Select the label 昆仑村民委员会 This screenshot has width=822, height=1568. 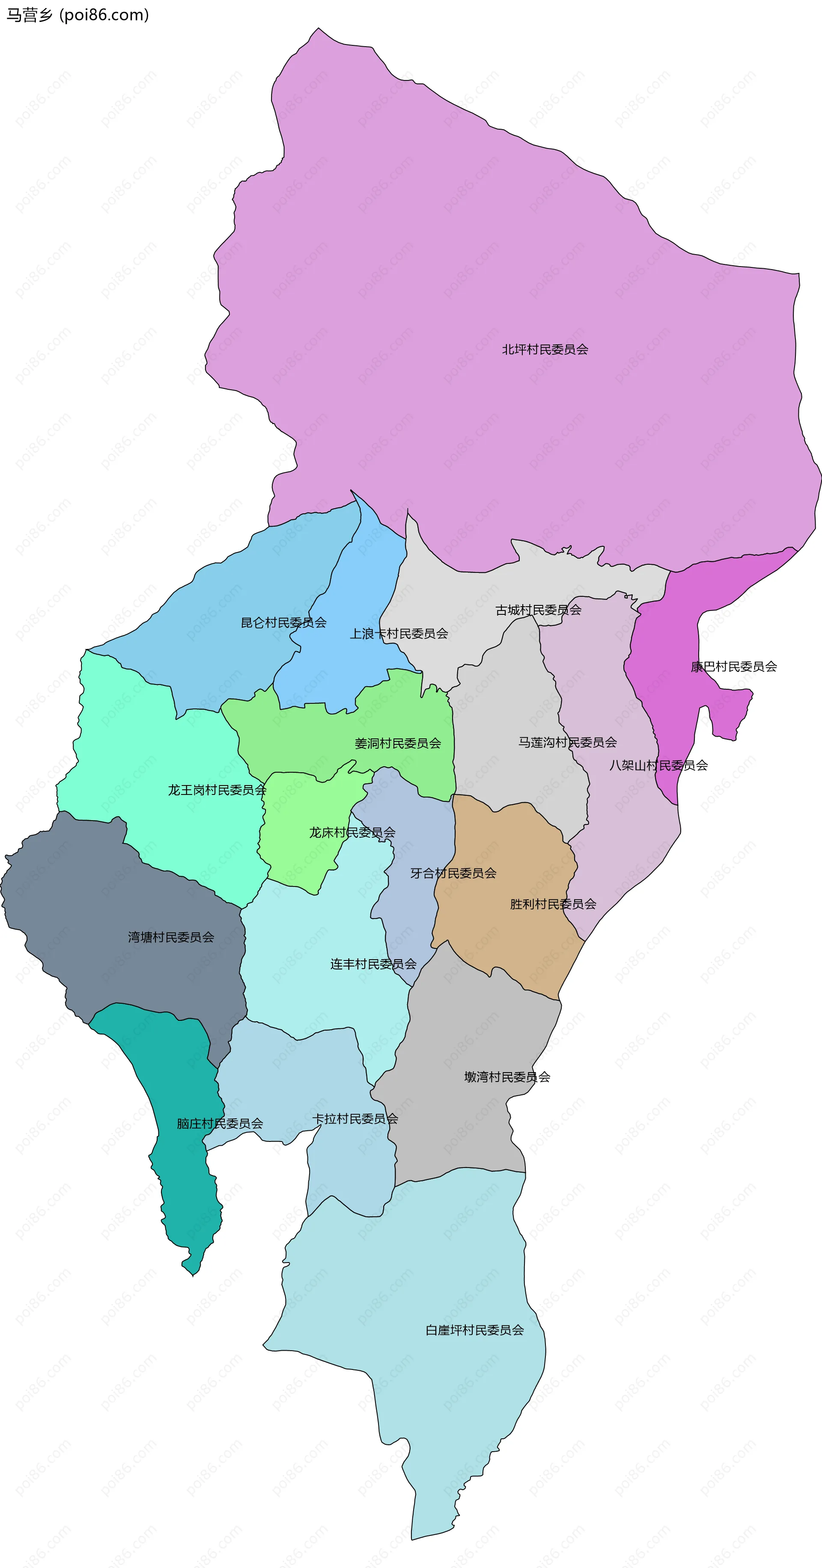click(x=284, y=622)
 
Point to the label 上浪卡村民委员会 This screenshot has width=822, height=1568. click(x=399, y=634)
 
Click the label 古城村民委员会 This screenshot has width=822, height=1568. click(x=538, y=610)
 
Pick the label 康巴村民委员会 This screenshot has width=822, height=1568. click(x=734, y=667)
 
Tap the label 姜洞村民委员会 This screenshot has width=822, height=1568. click(x=398, y=743)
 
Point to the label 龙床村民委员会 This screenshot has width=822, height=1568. click(x=352, y=832)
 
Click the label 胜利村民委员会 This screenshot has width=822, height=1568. click(x=553, y=904)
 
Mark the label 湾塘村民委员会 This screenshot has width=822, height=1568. click(x=171, y=937)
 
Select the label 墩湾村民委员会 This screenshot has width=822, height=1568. click(x=507, y=1077)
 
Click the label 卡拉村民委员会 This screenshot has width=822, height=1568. click(x=355, y=1118)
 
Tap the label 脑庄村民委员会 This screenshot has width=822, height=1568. click(x=220, y=1123)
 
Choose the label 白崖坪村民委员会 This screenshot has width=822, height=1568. click(x=474, y=1330)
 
